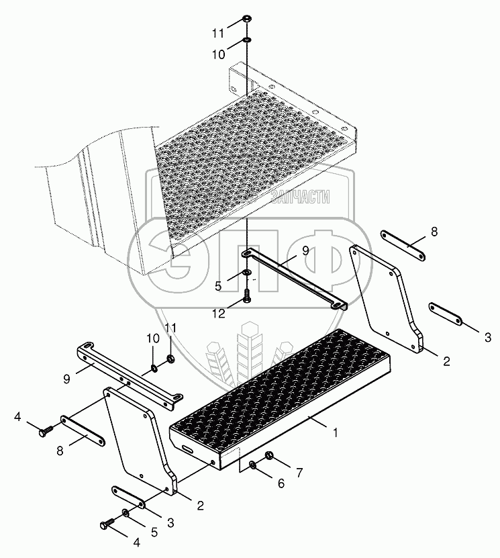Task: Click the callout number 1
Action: tap(335, 432)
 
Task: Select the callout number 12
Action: tap(219, 314)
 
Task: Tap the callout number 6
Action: tap(281, 483)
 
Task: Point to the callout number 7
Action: tap(299, 473)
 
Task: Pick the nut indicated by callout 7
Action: tap(270, 455)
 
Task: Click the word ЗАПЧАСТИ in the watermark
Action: tap(301, 197)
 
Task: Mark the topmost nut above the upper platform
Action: tap(246, 19)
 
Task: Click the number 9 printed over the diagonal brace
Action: tap(305, 250)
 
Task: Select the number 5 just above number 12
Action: tap(218, 285)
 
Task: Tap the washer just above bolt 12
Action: tap(247, 273)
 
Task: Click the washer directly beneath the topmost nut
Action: tap(246, 39)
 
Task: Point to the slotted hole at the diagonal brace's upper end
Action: tap(247, 254)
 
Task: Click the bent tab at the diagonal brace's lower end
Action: tap(339, 306)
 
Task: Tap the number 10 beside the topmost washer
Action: tap(219, 54)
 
